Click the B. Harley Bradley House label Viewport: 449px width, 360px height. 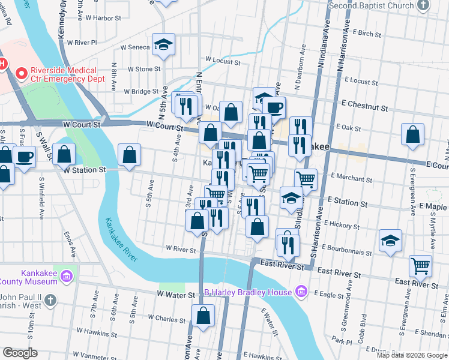pos(247,292)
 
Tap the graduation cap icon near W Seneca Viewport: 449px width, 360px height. pos(163,45)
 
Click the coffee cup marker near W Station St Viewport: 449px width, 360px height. pos(24,157)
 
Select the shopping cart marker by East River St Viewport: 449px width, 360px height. pos(420,265)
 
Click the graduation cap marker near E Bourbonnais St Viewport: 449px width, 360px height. pos(390,241)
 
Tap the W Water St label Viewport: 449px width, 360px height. pos(176,295)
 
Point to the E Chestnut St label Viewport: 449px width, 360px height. pos(365,107)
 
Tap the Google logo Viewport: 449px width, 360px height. pos(20,353)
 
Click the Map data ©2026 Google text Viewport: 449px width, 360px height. pos(412,355)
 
